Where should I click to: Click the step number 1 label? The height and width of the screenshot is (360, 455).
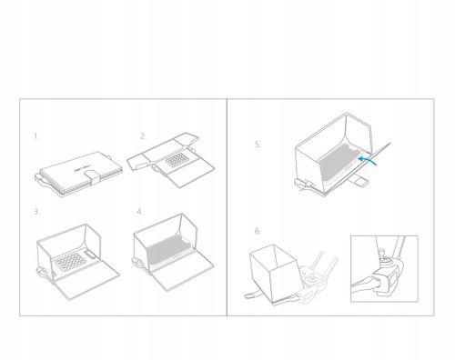point(36,136)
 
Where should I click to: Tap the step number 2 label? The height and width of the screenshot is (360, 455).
point(143,136)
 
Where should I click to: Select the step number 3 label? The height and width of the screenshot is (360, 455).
point(36,212)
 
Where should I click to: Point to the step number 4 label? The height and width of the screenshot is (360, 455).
point(140,212)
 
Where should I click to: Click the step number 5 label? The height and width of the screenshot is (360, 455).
point(258,145)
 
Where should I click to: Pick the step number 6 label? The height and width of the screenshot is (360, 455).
point(258,231)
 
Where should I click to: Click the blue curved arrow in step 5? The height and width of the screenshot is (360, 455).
point(367,160)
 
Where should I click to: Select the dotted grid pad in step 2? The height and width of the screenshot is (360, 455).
point(177,159)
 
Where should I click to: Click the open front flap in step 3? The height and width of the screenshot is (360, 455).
point(86,280)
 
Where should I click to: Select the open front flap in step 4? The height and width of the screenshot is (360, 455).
point(182,271)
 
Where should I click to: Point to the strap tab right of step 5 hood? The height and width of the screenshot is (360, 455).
point(359,181)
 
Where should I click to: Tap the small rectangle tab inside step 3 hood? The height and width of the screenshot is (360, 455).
point(91,254)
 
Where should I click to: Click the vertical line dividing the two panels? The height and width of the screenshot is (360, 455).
point(227,207)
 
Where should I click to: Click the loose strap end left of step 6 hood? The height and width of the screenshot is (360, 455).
point(253,295)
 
